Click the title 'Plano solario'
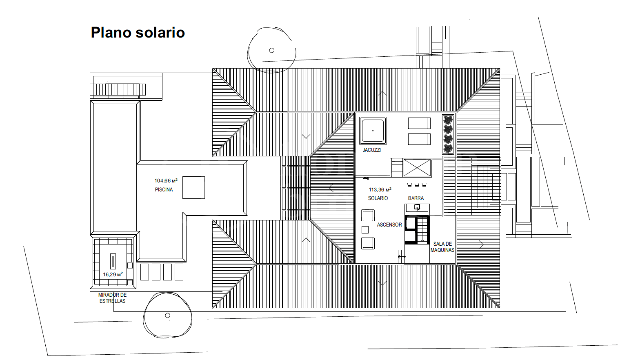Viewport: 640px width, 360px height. (138, 33)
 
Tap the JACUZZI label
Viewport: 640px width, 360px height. (371, 150)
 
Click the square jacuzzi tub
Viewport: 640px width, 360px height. (373, 131)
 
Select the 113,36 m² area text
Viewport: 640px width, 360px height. (380, 189)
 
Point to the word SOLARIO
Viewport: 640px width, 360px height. (378, 198)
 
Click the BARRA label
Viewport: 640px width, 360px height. (416, 198)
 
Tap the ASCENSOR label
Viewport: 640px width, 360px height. (389, 225)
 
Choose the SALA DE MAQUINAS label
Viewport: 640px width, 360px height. (442, 247)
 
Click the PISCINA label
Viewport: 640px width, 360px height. (164, 189)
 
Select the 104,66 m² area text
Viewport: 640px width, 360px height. (166, 180)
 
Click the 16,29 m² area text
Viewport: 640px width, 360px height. (113, 274)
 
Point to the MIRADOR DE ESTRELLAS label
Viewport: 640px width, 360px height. (112, 298)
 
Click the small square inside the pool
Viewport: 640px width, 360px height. (194, 187)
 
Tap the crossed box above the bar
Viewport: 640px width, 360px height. (417, 168)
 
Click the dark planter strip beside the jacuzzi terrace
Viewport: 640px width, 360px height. (448, 134)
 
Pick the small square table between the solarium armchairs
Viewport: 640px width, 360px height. (365, 229)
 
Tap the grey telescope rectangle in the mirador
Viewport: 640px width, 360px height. (113, 261)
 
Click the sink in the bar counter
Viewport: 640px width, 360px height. (417, 207)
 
